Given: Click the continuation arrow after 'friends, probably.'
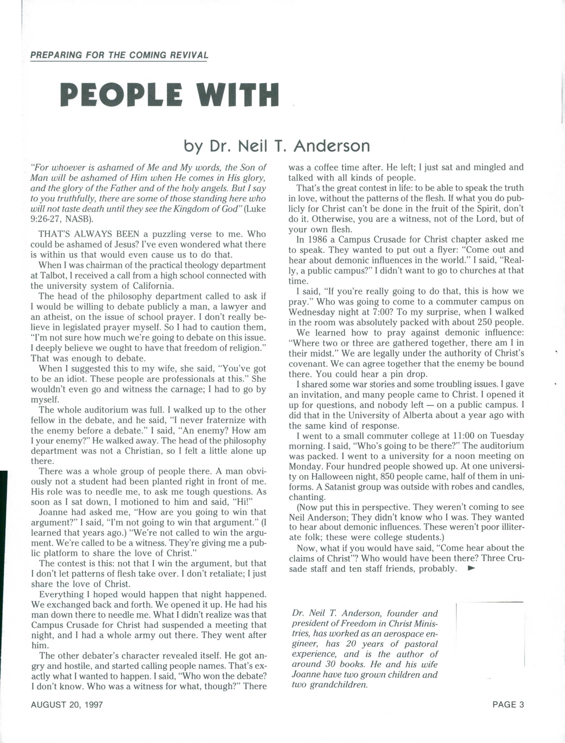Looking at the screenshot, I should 472,569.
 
